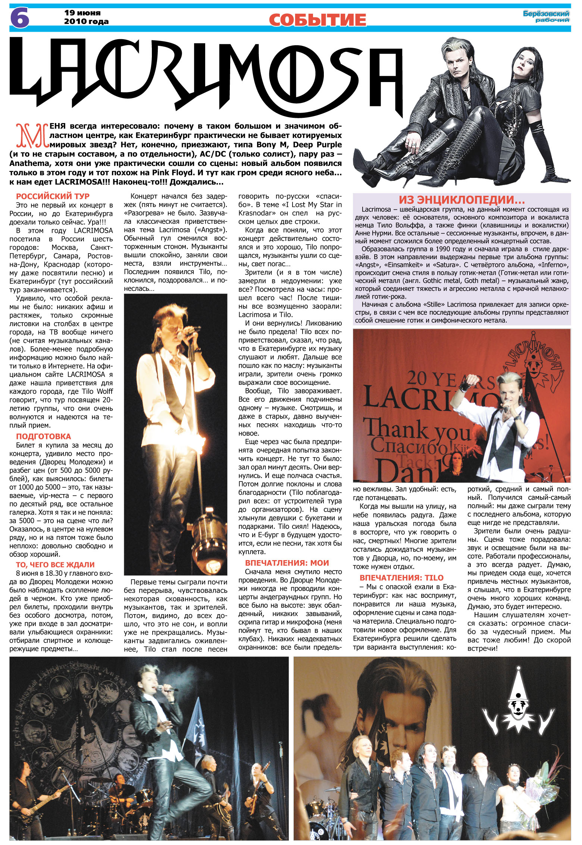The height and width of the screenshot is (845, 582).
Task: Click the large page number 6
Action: pos(19,18)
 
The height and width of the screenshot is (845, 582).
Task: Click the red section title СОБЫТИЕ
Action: pos(317,19)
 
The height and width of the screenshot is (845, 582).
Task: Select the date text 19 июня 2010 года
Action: pos(86,17)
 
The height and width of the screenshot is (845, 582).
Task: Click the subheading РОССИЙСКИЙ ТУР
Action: pos(53,196)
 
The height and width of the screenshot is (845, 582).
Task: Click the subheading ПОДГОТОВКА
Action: pos(43,436)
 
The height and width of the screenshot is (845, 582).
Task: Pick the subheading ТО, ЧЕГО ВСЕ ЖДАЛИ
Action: pos(55,565)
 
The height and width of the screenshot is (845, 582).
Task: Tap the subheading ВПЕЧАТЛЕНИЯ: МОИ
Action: pos(287,563)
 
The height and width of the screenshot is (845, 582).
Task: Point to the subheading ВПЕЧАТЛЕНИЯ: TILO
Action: pos(401,578)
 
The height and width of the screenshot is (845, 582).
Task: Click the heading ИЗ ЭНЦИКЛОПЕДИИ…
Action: pos(461,200)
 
